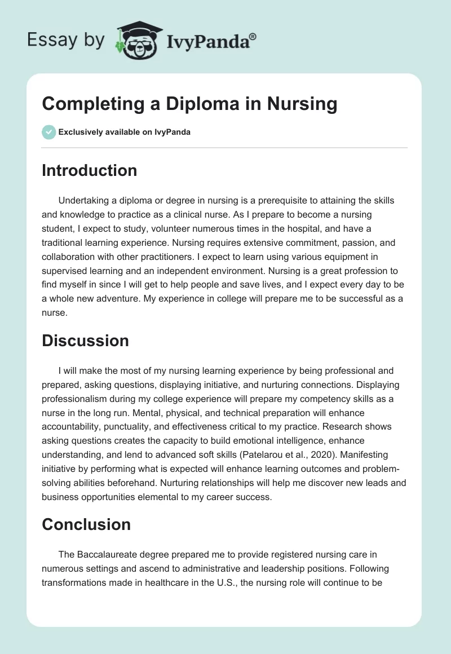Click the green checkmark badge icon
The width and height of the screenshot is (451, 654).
48,132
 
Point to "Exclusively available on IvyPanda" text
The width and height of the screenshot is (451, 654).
124,132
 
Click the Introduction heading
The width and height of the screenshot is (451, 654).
89,170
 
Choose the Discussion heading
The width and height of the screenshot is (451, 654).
85,341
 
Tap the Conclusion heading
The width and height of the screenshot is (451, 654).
86,524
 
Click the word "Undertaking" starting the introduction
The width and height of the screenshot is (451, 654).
84,200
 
